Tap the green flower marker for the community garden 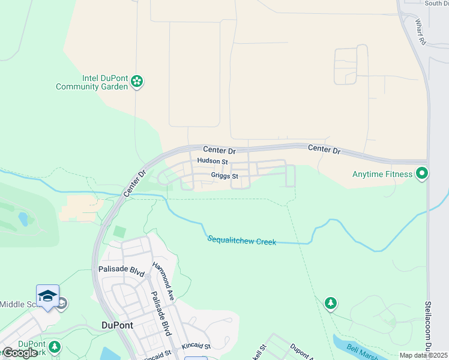click(137, 81)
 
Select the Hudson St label click(212, 161)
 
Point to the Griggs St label click(224, 176)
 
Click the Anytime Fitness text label click(382, 175)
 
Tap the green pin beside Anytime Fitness click(422, 174)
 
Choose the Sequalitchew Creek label click(242, 241)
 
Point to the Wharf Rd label click(421, 32)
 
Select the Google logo click(19, 353)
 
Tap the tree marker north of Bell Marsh click(330, 303)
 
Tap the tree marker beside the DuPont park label click(55, 347)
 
